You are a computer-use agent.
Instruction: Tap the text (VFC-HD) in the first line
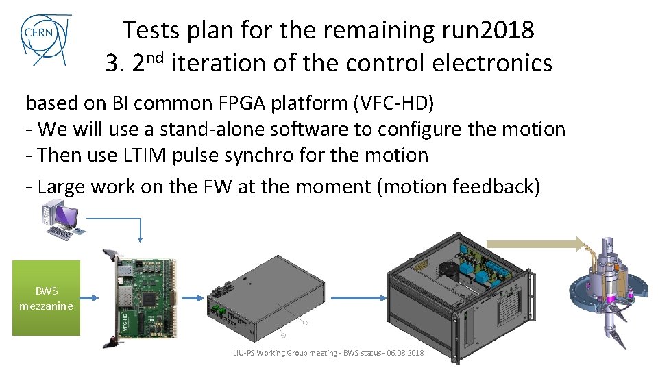coord(393,103)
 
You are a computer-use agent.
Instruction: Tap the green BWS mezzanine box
coord(46,298)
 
